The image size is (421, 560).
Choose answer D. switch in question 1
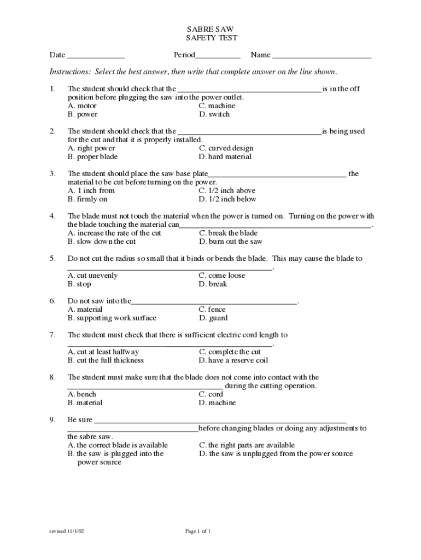pos(214,114)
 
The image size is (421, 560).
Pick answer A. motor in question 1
pos(82,106)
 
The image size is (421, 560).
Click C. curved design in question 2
pos(226,148)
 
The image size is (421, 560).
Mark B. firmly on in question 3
pos(87,199)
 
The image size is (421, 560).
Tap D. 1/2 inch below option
pos(227,199)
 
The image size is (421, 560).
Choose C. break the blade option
pos(228,233)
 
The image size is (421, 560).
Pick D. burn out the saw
pos(231,241)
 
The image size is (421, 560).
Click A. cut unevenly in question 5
pos(92,276)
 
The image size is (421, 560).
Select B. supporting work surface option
pos(112,318)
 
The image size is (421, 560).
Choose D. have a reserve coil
pos(233,360)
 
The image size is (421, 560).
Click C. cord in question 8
pos(211,394)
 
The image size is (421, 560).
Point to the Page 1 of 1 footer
pos(197,531)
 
